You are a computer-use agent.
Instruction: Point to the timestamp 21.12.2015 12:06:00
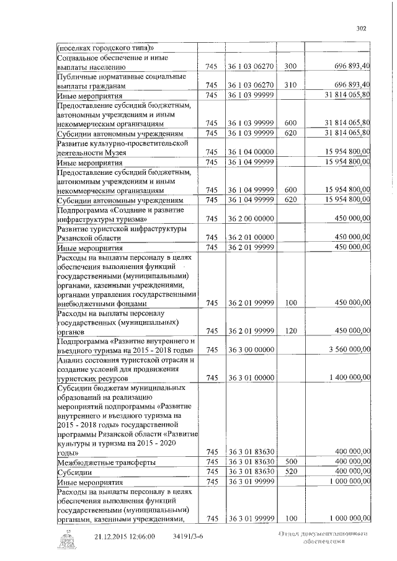coord(125,537)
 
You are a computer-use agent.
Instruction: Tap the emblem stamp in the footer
coord(65,542)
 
